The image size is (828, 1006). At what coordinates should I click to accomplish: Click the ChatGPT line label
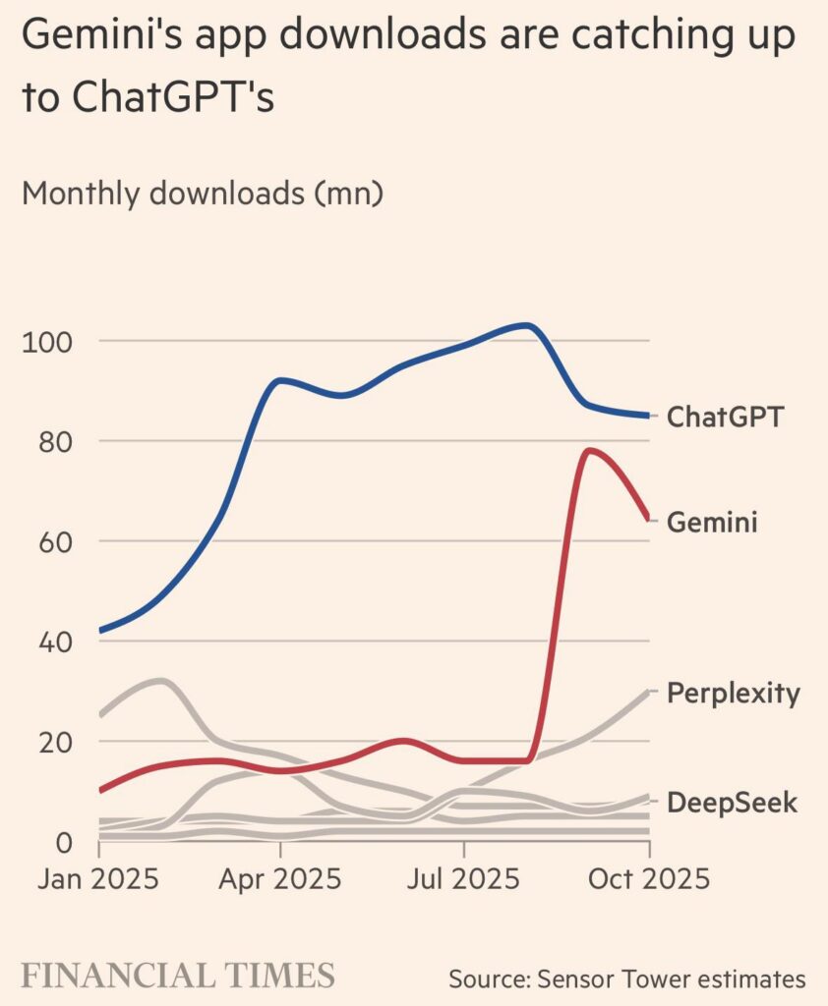tap(726, 417)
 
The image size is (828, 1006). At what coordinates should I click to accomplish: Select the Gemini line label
tap(712, 522)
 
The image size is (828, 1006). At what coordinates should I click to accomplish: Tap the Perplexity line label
tap(733, 694)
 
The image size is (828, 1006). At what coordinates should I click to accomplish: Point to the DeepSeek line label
tap(732, 803)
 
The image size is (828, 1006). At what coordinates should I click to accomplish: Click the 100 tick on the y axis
tap(46, 343)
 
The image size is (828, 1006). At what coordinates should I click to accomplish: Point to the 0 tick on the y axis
tap(61, 843)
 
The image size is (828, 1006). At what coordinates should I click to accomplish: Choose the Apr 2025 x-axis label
tap(280, 878)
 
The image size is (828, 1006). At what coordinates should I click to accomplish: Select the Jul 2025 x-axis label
tap(463, 878)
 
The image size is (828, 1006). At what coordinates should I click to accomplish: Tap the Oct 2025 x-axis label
tap(647, 878)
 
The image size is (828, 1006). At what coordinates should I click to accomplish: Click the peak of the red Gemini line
tap(589, 450)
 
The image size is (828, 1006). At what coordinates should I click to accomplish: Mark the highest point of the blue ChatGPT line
tap(527, 325)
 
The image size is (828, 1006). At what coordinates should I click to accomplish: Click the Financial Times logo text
tap(178, 977)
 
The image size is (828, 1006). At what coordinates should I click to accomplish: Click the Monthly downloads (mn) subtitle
tap(202, 193)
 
